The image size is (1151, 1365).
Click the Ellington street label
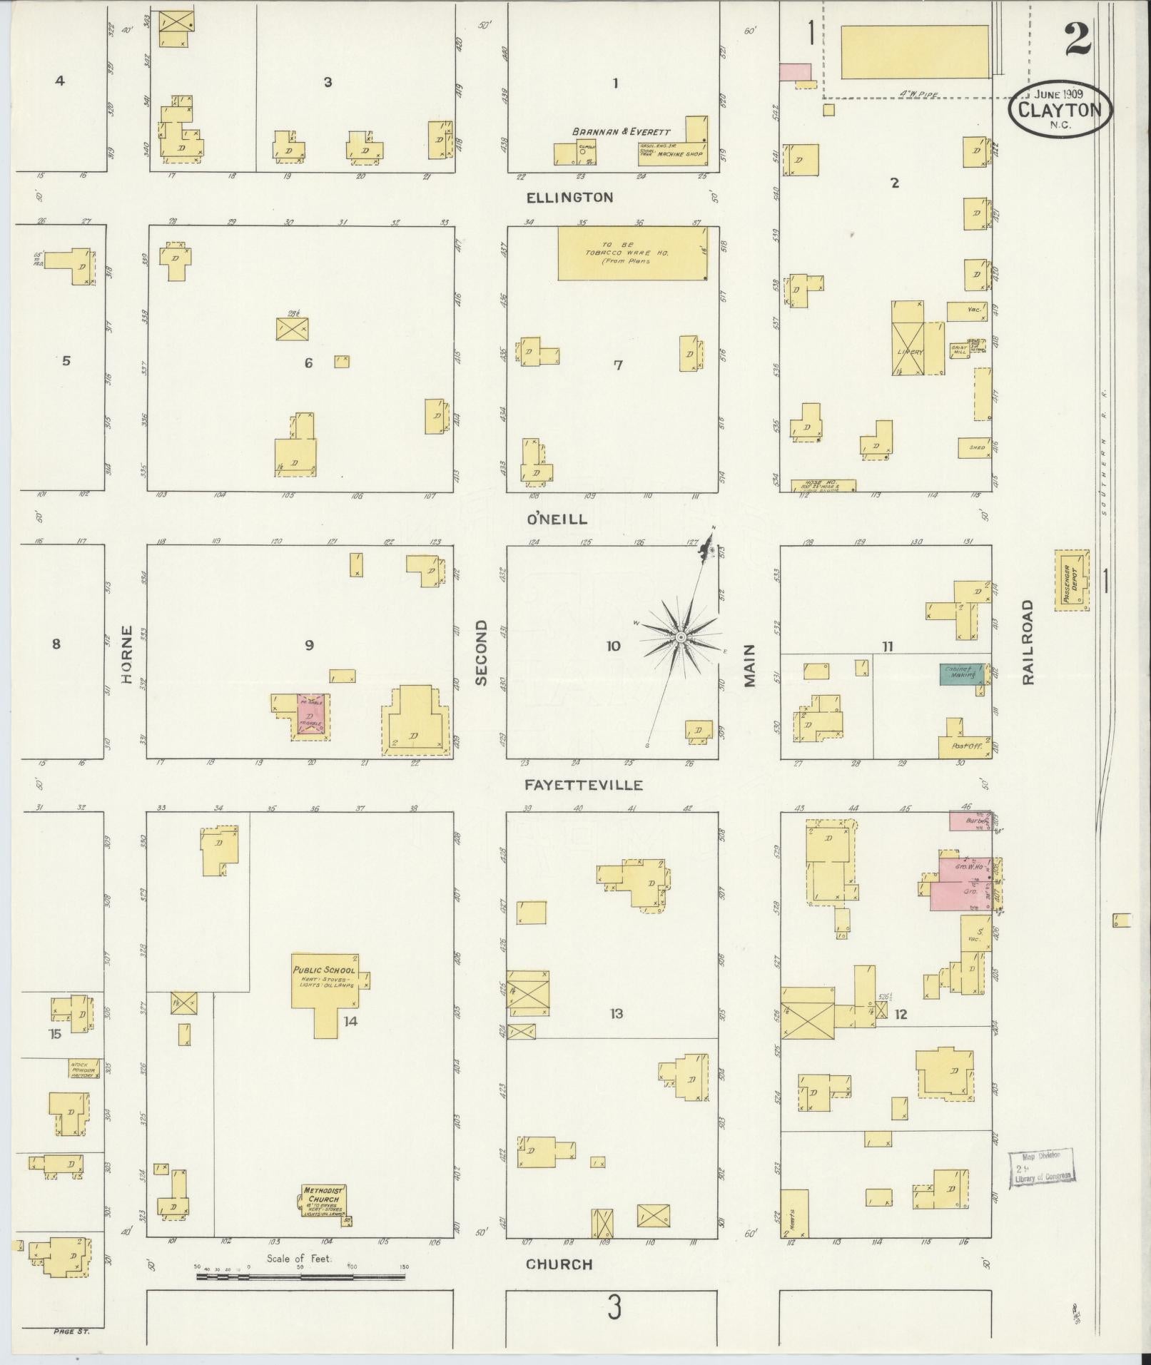click(x=569, y=198)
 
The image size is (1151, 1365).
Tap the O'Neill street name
click(x=557, y=519)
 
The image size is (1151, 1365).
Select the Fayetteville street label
click(x=584, y=785)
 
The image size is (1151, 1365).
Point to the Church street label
click(x=559, y=1264)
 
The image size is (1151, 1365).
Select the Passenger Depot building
click(x=1071, y=579)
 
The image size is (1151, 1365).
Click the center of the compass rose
click(x=681, y=636)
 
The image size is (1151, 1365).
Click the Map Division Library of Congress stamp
click(x=1041, y=1169)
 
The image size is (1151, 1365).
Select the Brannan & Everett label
click(x=620, y=132)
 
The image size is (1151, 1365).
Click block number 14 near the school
click(x=350, y=1021)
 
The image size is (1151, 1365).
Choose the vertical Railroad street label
click(x=1027, y=641)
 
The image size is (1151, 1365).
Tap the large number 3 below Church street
click(x=614, y=1309)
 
